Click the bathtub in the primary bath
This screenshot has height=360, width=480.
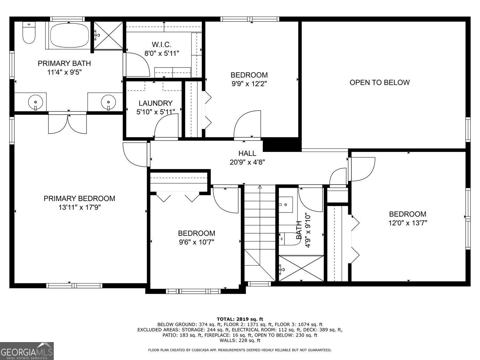69,35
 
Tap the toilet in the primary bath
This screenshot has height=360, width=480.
29,33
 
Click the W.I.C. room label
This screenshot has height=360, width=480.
162,44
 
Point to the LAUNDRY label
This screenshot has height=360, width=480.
156,103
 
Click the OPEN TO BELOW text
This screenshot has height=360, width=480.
379,82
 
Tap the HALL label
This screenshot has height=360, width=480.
247,153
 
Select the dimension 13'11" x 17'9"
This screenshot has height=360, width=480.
79,207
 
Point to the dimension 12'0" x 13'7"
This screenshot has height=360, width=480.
407,223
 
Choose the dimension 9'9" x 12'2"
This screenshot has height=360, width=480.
249,84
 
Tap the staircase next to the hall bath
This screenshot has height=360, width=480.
260,230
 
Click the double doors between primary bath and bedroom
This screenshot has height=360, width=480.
68,123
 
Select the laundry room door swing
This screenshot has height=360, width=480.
166,127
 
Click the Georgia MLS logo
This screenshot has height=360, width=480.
27,351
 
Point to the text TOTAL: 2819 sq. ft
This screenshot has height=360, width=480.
240,319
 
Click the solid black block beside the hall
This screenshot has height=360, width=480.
282,145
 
